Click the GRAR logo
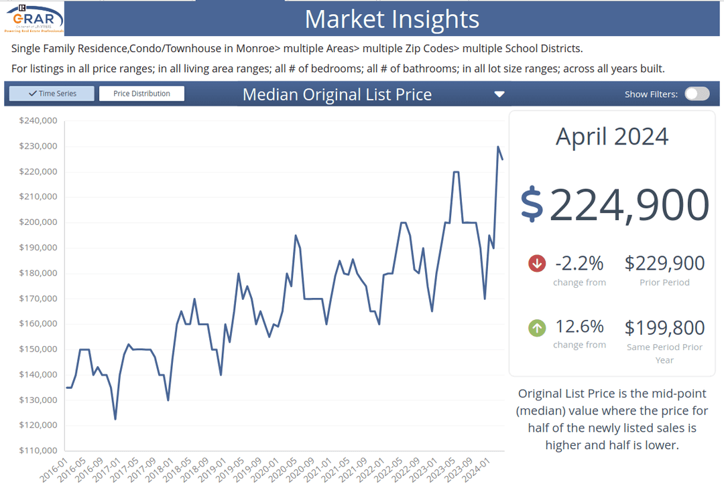34,18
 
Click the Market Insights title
392,19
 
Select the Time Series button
52,94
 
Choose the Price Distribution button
141,94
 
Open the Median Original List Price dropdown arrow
499,94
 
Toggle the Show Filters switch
697,94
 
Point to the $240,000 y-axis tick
38,121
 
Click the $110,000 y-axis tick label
38,450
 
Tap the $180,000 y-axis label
38,273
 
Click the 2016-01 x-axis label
54,471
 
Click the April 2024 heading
612,137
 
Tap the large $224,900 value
615,205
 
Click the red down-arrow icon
537,263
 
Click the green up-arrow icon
537,328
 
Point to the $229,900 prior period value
664,263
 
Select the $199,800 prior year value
664,328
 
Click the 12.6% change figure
579,327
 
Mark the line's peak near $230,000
498,147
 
